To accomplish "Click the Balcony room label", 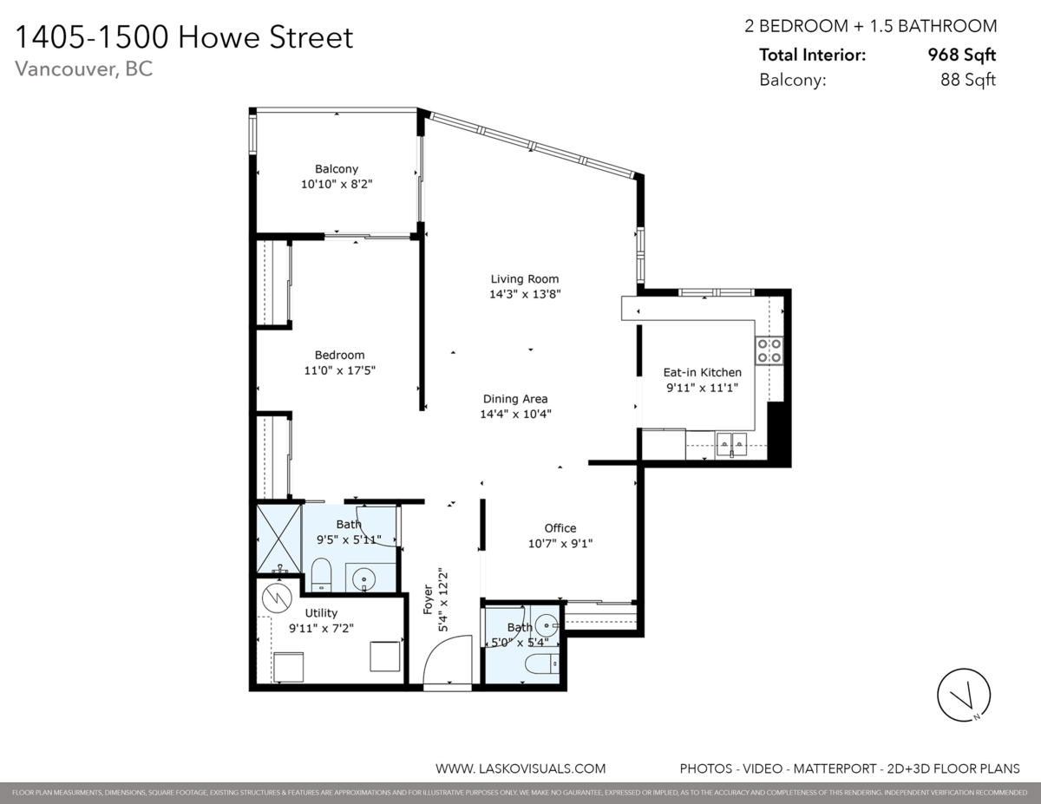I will (336, 169).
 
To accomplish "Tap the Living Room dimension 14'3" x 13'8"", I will (525, 294).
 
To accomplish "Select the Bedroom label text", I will (339, 355).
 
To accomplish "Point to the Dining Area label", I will (515, 399).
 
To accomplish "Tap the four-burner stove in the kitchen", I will (769, 350).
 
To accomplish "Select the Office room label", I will (560, 528).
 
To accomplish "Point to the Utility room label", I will (321, 613).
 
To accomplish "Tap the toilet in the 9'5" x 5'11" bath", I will (321, 574).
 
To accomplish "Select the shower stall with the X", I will (278, 539).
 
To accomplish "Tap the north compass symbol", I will (964, 695).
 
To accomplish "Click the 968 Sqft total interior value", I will (961, 56).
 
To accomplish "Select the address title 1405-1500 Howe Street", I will (185, 37).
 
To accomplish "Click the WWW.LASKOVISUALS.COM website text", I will (520, 768).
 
